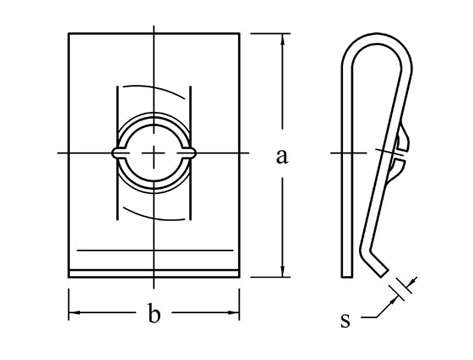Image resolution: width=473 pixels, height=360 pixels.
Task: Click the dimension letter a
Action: (282, 156)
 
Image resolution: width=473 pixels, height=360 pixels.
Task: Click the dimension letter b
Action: (154, 313)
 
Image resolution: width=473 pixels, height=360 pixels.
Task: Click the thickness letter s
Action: (346, 320)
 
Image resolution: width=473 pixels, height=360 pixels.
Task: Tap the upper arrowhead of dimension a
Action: (283, 39)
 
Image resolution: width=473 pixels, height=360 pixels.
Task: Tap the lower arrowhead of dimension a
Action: (283, 271)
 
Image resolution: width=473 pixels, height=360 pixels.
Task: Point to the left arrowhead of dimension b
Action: (74, 313)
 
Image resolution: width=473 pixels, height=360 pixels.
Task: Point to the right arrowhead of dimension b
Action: (234, 313)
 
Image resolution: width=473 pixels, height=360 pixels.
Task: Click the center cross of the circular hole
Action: (154, 153)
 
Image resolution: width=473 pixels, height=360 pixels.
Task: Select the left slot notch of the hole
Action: (117, 153)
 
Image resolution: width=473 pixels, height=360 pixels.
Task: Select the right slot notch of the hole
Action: (190, 153)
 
